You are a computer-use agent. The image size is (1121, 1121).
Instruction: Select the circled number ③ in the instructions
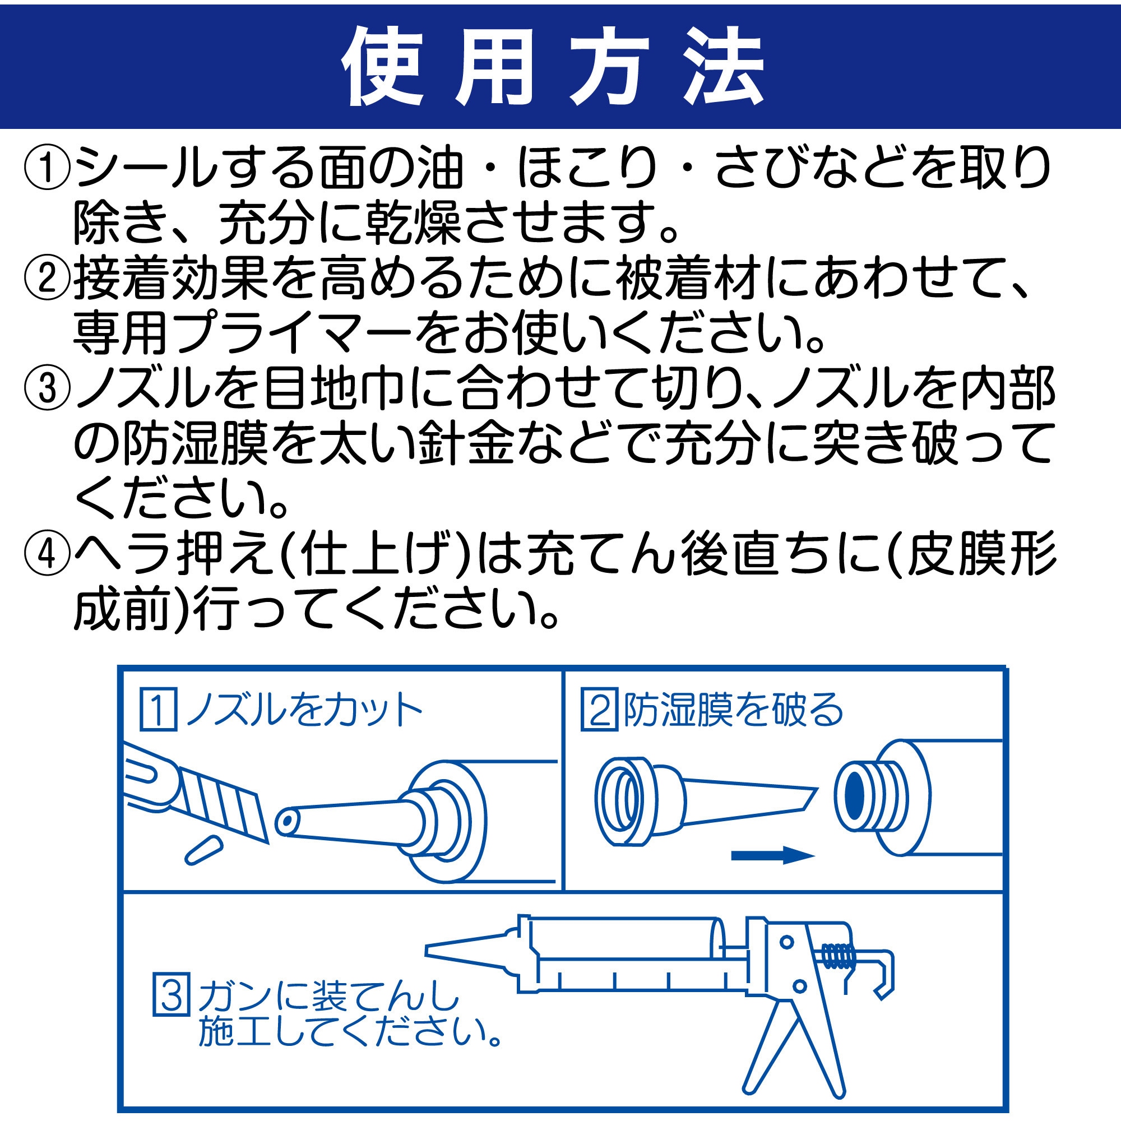[x=48, y=388]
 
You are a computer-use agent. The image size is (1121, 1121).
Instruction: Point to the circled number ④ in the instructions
[x=48, y=554]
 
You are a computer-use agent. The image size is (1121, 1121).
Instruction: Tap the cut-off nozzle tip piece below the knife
[x=203, y=851]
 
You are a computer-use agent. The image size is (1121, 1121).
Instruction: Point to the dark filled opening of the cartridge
[x=855, y=795]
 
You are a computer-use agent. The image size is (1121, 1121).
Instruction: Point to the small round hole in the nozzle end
[x=286, y=822]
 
